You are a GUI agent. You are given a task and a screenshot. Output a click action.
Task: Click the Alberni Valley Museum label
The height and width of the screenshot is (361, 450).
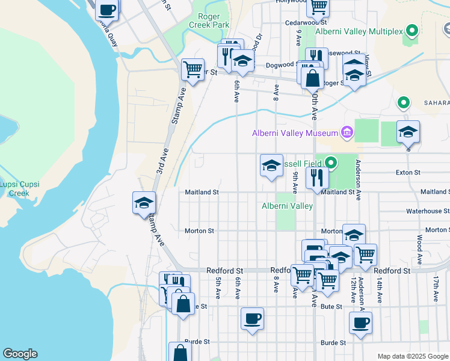click(x=295, y=133)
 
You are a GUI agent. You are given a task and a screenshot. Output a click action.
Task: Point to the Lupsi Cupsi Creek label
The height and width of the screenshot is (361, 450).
click(x=14, y=189)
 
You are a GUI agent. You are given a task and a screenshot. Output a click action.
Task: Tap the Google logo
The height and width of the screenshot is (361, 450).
click(x=20, y=354)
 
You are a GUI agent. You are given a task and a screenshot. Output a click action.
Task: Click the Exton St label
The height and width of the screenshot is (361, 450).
click(x=408, y=173)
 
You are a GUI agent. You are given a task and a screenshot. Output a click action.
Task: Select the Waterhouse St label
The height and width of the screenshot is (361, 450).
click(x=427, y=211)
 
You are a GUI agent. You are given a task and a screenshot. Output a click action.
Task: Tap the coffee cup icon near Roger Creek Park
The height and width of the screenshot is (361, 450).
click(x=107, y=10)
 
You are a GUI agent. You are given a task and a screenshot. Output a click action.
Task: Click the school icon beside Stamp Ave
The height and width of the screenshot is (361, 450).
click(x=144, y=203)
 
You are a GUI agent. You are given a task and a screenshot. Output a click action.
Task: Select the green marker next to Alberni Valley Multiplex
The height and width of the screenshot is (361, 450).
click(x=412, y=29)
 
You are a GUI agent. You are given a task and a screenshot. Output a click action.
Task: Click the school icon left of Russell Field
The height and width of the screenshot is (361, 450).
click(x=271, y=165)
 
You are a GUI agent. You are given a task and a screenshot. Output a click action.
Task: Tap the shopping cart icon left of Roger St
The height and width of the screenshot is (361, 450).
click(x=193, y=70)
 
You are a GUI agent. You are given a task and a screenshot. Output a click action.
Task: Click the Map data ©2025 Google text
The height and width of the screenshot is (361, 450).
click(x=413, y=356)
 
